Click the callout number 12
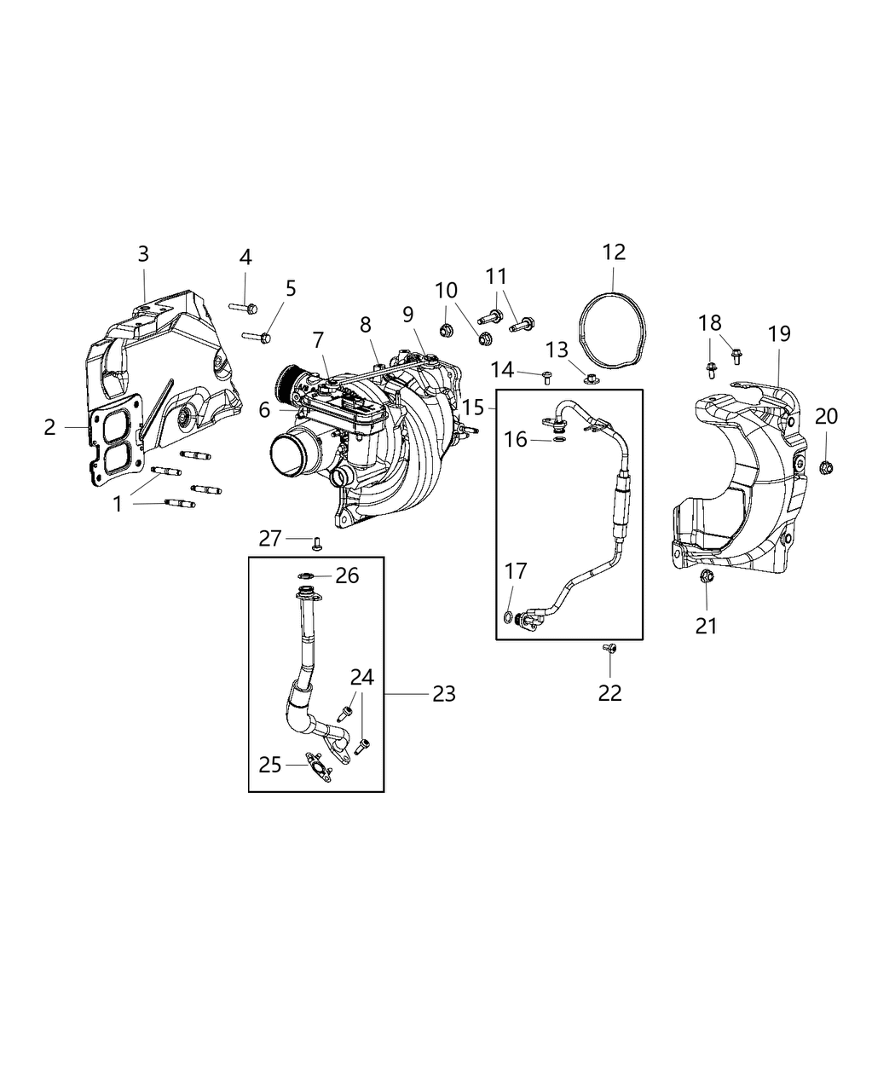614,252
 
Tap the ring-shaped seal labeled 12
583,328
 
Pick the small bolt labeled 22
610,650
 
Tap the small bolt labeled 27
317,542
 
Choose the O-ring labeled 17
508,617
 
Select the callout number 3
143,253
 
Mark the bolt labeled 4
244,306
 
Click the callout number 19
779,333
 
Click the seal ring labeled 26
307,575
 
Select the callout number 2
50,427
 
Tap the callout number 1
118,505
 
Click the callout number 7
318,340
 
